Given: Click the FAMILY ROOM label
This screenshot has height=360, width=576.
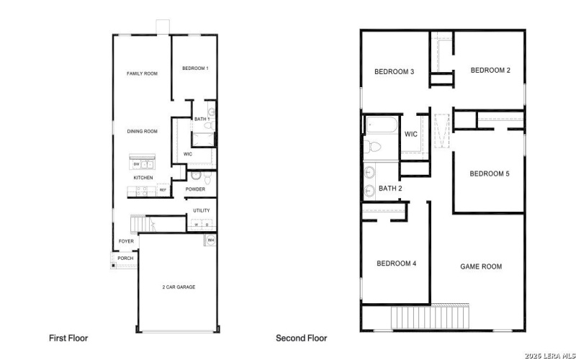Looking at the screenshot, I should pyautogui.click(x=142, y=73).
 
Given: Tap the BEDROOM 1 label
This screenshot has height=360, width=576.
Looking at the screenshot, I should pyautogui.click(x=195, y=68).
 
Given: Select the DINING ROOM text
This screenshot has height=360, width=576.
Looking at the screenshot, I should pyautogui.click(x=142, y=131).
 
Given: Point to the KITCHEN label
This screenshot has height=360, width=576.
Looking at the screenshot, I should pyautogui.click(x=143, y=177).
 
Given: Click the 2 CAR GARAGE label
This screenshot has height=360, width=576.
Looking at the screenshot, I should pyautogui.click(x=178, y=287).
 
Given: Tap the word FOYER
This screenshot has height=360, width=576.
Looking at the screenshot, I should pyautogui.click(x=126, y=241).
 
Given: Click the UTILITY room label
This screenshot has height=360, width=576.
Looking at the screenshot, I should pyautogui.click(x=202, y=210).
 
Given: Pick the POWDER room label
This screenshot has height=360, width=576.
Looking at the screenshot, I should pyautogui.click(x=196, y=189).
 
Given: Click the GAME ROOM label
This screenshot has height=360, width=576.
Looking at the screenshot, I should pyautogui.click(x=481, y=266).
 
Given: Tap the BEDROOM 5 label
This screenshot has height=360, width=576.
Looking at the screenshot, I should pyautogui.click(x=490, y=174).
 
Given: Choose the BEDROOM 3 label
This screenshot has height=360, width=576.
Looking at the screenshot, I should pyautogui.click(x=394, y=71).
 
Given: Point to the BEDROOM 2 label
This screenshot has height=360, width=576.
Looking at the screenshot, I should pyautogui.click(x=490, y=70).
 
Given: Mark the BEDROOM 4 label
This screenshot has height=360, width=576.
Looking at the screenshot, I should pyautogui.click(x=396, y=264).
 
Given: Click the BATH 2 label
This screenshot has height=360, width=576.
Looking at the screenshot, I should pyautogui.click(x=390, y=189).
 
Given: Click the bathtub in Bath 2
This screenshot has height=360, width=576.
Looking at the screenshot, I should pyautogui.click(x=380, y=125).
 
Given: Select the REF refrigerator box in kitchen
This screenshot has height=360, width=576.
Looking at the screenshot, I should pyautogui.click(x=163, y=190).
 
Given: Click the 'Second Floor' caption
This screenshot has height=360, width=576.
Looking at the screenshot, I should pyautogui.click(x=301, y=338).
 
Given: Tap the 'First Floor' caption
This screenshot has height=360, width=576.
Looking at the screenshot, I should pyautogui.click(x=68, y=338).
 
